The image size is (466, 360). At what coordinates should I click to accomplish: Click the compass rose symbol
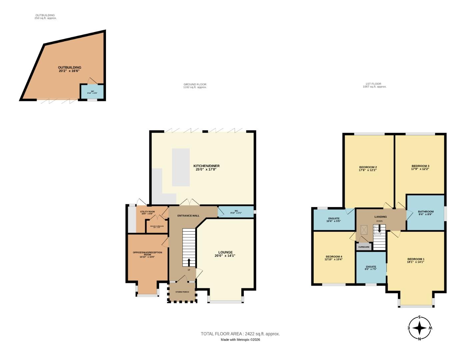[420, 328]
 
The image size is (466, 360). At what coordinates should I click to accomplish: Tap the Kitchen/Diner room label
[206, 166]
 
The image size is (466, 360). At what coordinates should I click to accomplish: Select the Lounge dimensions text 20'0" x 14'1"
[225, 256]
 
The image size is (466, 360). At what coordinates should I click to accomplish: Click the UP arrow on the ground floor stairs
[189, 262]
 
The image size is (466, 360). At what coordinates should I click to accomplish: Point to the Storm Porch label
[182, 292]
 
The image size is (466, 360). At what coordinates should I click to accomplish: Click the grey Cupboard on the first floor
[364, 247]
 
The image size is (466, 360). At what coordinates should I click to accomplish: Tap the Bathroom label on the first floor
[426, 212]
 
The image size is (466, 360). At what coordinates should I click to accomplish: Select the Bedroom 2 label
[368, 167]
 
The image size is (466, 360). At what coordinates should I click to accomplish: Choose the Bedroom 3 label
[420, 166]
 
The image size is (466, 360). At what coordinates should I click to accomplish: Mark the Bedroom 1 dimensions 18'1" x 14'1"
[415, 262]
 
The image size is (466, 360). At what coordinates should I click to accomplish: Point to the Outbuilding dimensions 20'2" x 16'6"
[69, 71]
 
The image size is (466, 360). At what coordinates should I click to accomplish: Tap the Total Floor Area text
[240, 334]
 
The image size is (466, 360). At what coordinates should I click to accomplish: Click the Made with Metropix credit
[240, 340]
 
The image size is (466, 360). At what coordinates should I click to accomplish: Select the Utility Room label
[147, 212]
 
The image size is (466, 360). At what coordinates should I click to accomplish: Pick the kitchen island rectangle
[181, 167]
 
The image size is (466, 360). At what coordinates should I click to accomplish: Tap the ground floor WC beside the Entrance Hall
[236, 212]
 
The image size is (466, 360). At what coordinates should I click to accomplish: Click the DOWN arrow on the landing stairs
[379, 229]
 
